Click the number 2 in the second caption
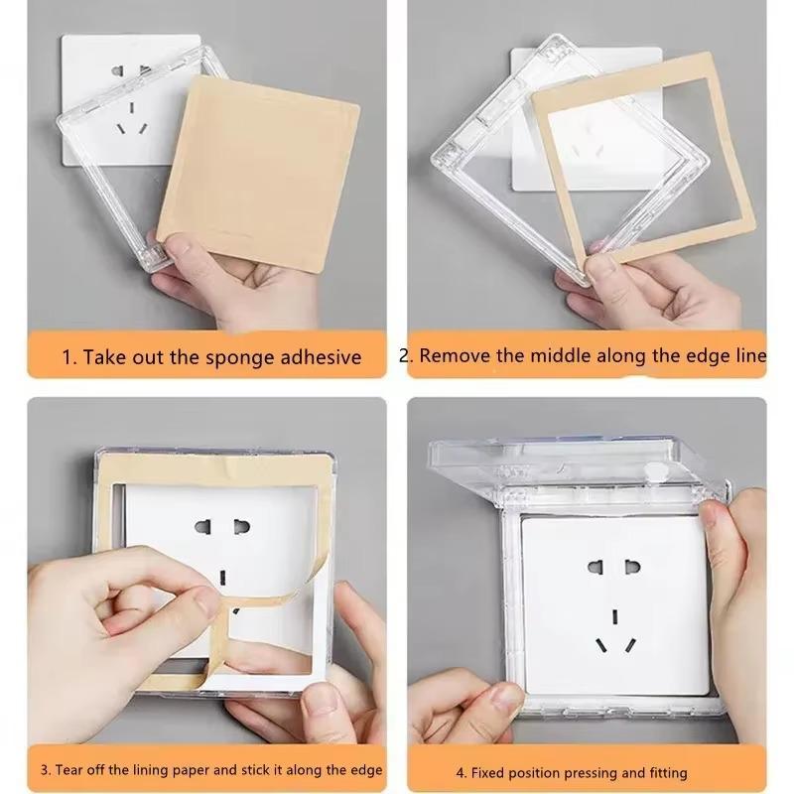click(x=405, y=355)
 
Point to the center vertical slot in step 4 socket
click(x=615, y=615)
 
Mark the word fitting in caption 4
click(x=664, y=772)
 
